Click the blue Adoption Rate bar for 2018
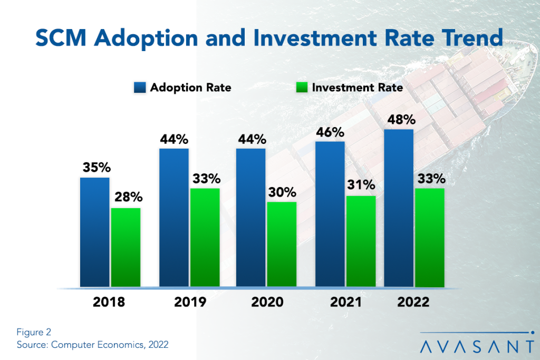pos(95,232)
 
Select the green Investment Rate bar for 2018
pos(126,248)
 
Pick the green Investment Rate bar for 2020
pos(282,245)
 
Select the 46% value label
pos(330,131)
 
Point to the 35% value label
pos(95,167)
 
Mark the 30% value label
pos(282,191)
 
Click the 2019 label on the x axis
pos(189,303)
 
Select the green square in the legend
pos(302,87)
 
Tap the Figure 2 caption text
pos(34,333)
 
